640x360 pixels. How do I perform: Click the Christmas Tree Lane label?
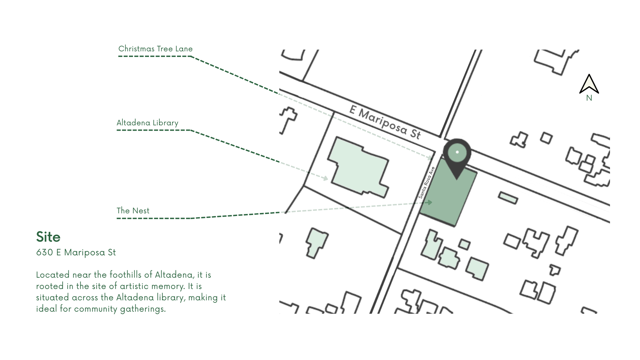(155, 49)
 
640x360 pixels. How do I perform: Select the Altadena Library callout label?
(147, 123)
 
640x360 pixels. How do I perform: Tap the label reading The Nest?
(133, 211)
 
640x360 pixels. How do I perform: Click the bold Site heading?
(48, 237)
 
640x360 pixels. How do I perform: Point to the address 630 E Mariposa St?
(76, 252)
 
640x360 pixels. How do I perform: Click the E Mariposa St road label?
(385, 122)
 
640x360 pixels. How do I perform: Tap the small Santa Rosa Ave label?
(427, 183)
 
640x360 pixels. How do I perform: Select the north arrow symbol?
(589, 84)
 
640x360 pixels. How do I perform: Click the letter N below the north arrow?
(589, 98)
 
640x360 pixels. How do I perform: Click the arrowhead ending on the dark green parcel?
(430, 202)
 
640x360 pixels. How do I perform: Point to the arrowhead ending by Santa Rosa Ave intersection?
(431, 158)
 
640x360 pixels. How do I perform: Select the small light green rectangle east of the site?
(508, 198)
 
